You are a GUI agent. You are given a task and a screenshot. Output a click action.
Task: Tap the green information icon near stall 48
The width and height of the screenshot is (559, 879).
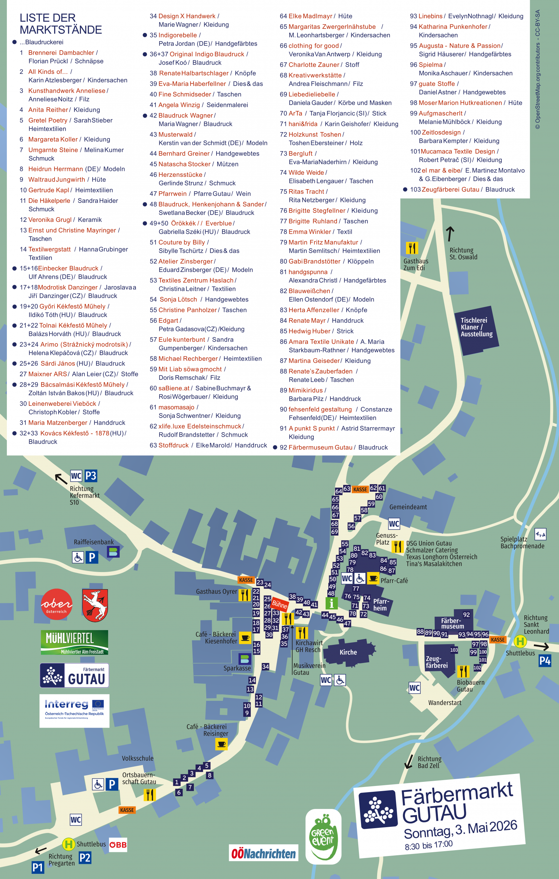click(x=331, y=603)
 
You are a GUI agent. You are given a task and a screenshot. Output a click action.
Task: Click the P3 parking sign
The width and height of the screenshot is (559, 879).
click(x=91, y=476)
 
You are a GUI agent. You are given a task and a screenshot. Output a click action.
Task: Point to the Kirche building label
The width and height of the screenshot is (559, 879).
click(x=348, y=652)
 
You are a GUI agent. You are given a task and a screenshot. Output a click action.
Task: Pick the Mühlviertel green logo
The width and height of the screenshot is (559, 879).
click(x=74, y=642)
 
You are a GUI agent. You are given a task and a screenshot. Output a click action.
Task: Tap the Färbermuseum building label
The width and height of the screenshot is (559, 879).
click(x=453, y=624)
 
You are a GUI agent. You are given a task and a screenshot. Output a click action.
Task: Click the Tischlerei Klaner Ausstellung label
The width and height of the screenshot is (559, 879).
click(x=476, y=327)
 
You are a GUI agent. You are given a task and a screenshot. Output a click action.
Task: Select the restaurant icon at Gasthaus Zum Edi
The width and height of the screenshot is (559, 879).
click(x=411, y=248)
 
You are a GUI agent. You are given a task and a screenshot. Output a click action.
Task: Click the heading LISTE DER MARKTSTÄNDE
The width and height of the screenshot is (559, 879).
click(x=61, y=24)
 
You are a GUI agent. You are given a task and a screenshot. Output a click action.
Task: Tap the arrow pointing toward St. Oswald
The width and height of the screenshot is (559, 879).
click(x=450, y=233)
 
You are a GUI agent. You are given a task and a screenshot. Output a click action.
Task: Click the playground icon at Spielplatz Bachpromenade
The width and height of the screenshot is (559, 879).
click(x=540, y=534)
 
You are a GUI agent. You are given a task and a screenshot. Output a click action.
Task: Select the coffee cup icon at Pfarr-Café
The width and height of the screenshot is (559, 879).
click(x=373, y=578)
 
